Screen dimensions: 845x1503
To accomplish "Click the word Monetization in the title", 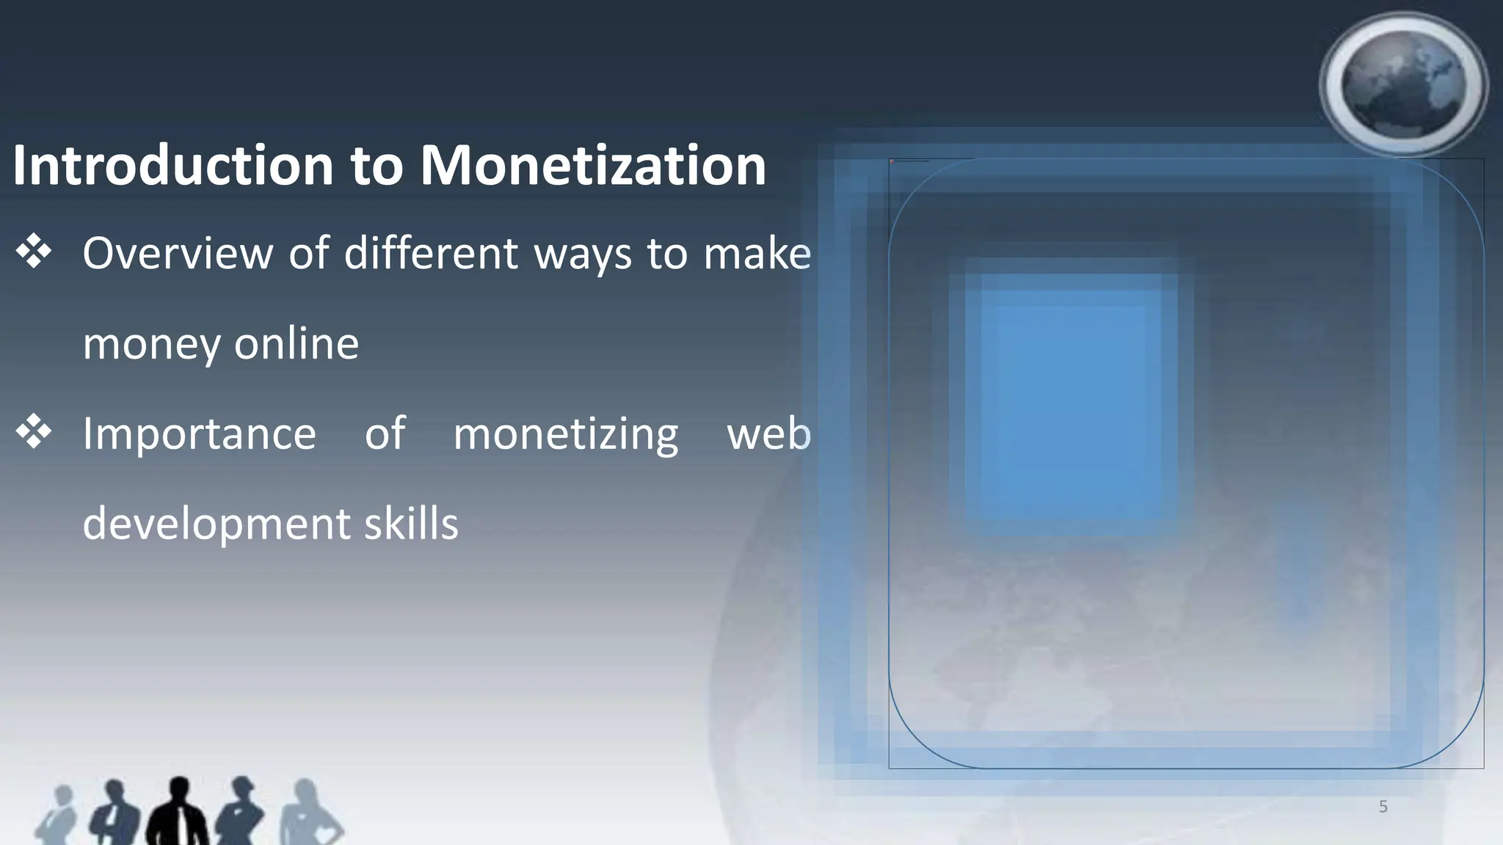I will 593,166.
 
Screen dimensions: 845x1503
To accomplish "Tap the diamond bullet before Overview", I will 34,252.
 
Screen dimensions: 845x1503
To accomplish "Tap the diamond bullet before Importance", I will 34,432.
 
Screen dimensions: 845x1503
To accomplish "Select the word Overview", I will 177,254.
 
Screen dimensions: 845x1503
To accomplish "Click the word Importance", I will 199,434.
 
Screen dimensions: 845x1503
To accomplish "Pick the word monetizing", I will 565,434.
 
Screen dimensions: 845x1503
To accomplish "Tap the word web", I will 768,434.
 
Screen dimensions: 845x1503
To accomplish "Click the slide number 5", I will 1383,807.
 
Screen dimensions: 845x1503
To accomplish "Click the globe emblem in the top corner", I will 1402,85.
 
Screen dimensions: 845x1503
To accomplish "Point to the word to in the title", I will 376,166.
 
